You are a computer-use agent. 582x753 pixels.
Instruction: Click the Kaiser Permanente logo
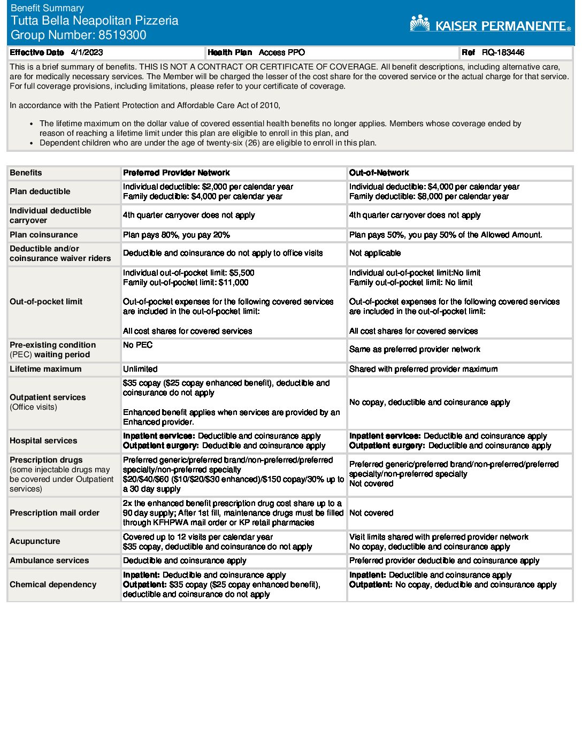click(x=490, y=24)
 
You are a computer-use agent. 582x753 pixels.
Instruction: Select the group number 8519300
click(x=122, y=35)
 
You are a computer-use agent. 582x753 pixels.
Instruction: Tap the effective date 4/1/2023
click(x=87, y=52)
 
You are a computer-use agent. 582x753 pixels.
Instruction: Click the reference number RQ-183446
click(x=503, y=52)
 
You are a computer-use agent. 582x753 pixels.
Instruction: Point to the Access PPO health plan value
click(x=281, y=52)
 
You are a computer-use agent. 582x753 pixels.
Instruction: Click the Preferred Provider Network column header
click(x=176, y=173)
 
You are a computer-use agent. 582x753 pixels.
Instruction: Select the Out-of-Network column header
click(x=379, y=173)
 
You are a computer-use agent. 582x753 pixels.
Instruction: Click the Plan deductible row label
click(x=40, y=191)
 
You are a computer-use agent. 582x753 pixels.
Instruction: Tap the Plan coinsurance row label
click(x=43, y=235)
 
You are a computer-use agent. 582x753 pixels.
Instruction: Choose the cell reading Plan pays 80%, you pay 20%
click(x=176, y=235)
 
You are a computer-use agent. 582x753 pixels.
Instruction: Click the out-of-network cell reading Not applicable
click(x=374, y=253)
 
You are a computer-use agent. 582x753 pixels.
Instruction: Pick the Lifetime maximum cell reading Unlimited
click(x=140, y=369)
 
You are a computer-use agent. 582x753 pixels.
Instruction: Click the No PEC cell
click(x=137, y=345)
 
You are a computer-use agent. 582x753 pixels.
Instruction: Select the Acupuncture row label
click(x=35, y=541)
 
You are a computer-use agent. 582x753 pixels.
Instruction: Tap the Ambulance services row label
click(x=49, y=560)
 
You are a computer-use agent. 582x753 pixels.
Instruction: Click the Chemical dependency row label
click(x=53, y=585)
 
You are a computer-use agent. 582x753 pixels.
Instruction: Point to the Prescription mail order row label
click(x=55, y=513)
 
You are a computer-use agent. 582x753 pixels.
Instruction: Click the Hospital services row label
click(x=43, y=441)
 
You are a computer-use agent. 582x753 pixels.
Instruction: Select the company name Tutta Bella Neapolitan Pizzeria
click(x=95, y=21)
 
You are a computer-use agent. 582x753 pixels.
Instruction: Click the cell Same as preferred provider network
click(x=415, y=349)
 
